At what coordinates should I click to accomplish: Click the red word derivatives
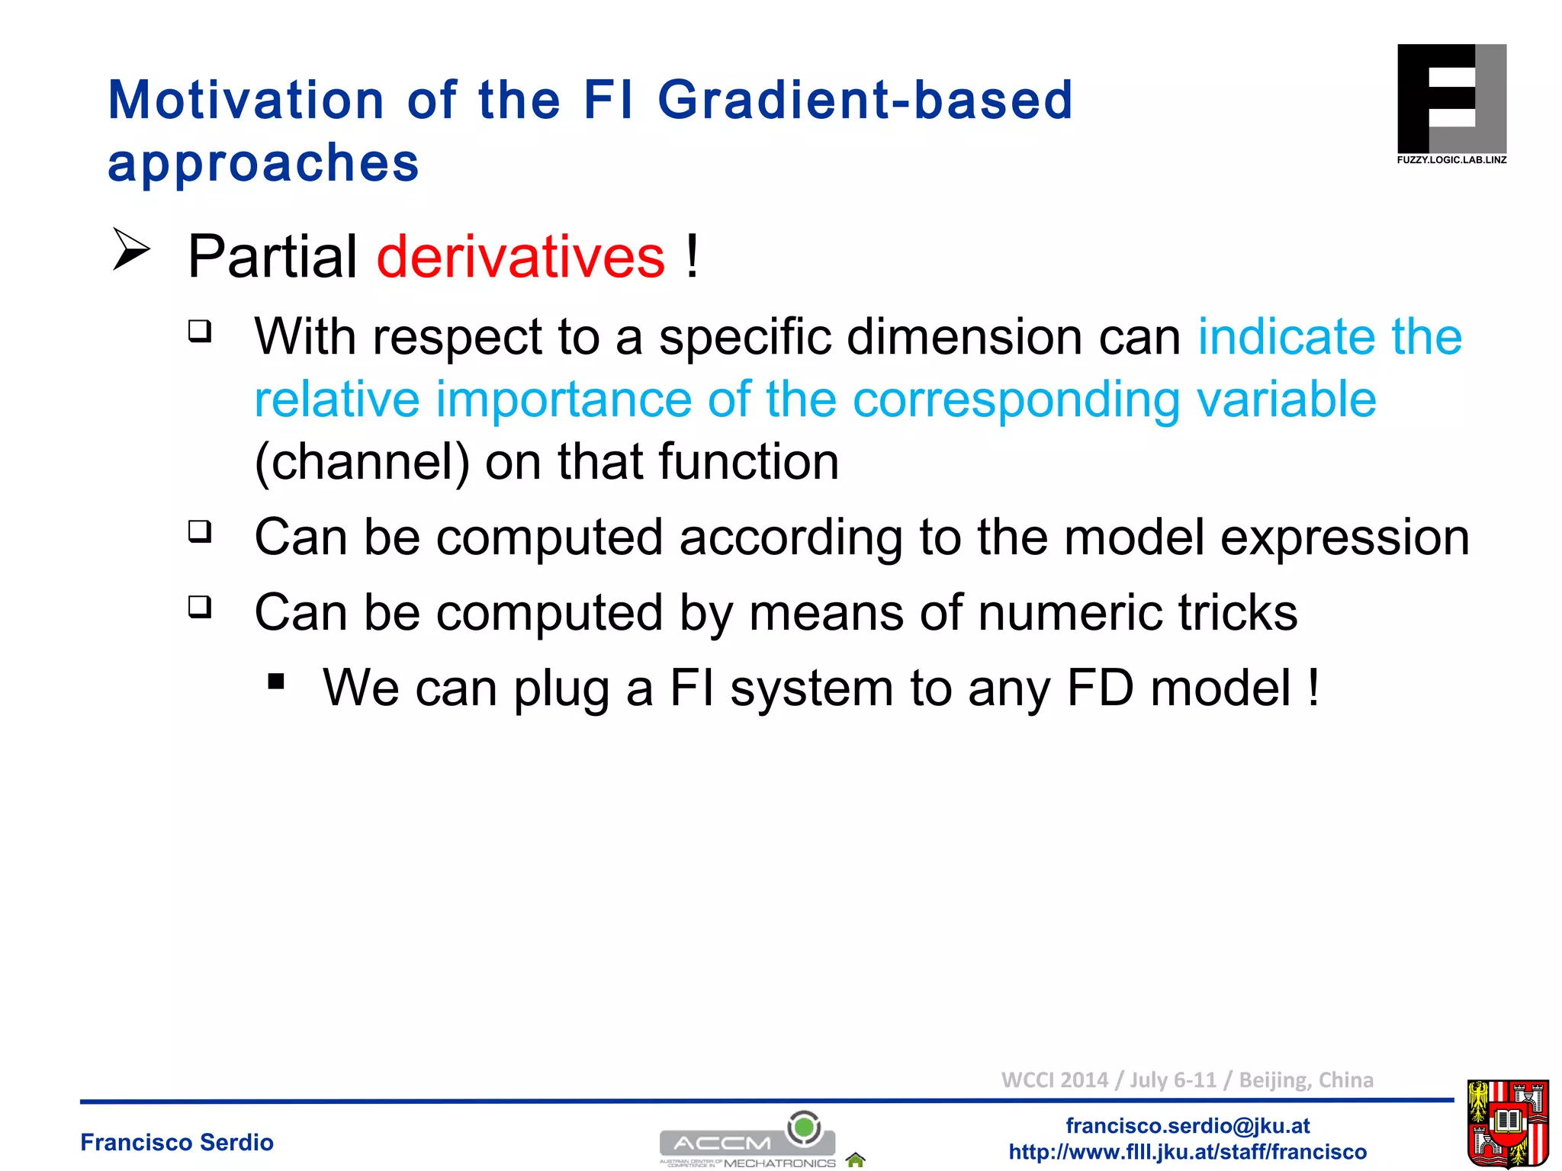tap(520, 257)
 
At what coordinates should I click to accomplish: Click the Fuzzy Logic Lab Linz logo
tap(1451, 103)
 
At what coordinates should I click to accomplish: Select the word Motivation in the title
tap(246, 101)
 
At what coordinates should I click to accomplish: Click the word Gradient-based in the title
tap(865, 101)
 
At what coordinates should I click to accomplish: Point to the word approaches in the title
tap(263, 163)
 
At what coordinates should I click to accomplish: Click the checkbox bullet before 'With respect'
tap(200, 331)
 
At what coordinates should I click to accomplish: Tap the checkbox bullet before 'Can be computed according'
tap(200, 531)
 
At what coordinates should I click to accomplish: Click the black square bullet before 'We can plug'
tap(276, 681)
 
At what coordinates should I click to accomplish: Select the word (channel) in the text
tap(362, 462)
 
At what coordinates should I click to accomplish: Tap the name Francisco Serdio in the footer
tap(177, 1142)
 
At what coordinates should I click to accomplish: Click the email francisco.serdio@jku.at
tap(1188, 1125)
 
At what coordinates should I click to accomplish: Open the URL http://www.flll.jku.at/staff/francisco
tap(1188, 1151)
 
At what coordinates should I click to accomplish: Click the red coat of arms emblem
tap(1507, 1124)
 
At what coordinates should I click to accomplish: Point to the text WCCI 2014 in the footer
tap(1054, 1080)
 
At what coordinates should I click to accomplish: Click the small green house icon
tap(855, 1160)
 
